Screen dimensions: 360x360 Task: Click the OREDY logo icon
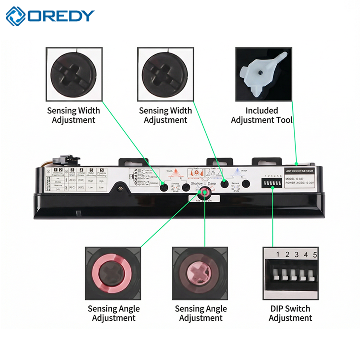[x=15, y=16]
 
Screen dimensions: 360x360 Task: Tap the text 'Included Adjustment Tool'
[x=262, y=115]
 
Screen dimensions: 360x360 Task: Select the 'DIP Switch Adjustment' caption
[x=290, y=313]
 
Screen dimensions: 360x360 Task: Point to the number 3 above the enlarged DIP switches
[x=296, y=255]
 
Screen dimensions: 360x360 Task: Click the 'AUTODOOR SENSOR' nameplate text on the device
[x=299, y=171]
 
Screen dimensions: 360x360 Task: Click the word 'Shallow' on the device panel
[x=197, y=183]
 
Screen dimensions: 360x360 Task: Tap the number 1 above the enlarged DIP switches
[x=278, y=255]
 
